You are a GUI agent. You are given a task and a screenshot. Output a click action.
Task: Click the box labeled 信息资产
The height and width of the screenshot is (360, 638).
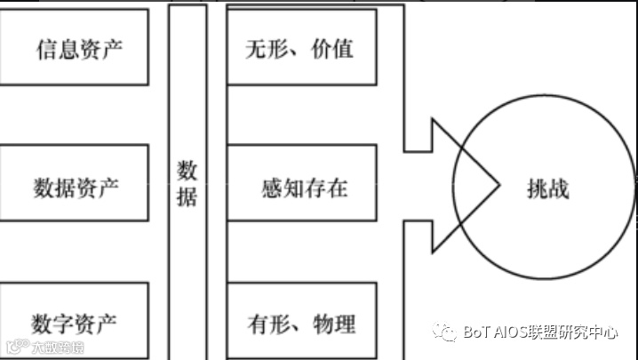point(76,48)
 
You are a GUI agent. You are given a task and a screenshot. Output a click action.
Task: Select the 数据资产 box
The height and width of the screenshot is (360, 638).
point(76,188)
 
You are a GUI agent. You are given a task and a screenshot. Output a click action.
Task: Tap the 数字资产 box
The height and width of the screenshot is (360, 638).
point(76,322)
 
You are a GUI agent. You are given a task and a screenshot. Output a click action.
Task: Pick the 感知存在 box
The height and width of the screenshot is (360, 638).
point(299,188)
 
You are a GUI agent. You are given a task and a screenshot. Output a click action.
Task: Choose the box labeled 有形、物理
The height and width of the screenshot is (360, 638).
point(299,322)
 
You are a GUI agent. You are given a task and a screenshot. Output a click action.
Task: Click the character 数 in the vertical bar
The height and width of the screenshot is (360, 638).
point(187,170)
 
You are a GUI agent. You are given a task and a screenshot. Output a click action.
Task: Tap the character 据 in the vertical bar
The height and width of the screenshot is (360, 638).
point(187,197)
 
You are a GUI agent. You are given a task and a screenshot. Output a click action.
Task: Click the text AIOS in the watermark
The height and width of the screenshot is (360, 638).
point(516,332)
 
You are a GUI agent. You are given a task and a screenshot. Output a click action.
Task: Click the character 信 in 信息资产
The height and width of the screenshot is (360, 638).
point(44,48)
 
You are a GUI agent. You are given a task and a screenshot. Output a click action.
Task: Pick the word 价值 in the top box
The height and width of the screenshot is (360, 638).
point(333,48)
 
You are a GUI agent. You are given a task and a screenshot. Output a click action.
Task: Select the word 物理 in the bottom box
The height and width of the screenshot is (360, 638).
point(334,322)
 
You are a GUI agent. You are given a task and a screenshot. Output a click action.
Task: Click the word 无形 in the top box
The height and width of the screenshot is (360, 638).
point(264,48)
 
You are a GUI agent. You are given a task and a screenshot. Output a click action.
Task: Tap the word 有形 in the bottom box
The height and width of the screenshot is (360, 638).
point(265,322)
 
